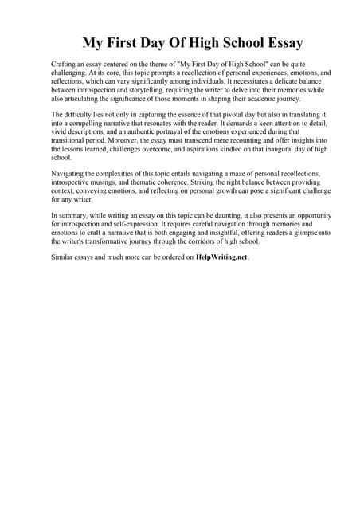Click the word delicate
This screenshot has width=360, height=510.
click(x=271, y=80)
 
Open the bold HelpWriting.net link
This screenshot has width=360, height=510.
click(x=222, y=258)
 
